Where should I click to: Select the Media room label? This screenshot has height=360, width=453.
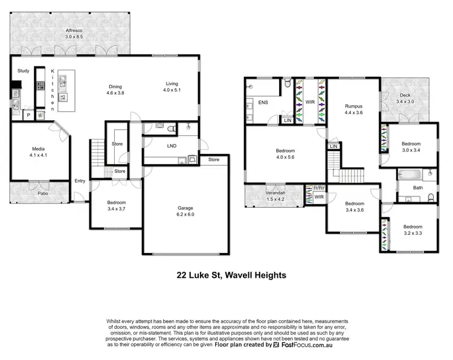pyautogui.click(x=42, y=148)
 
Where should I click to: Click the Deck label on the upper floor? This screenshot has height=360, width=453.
pyautogui.click(x=406, y=95)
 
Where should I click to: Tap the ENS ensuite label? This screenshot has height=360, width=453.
pyautogui.click(x=263, y=102)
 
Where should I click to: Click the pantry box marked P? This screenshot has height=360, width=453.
pyautogui.click(x=28, y=115)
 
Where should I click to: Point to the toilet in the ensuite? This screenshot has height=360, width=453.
pyautogui.click(x=288, y=83)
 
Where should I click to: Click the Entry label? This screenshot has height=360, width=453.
pyautogui.click(x=80, y=181)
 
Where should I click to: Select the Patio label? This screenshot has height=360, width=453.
pyautogui.click(x=42, y=193)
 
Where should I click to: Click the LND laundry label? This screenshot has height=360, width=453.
pyautogui.click(x=172, y=146)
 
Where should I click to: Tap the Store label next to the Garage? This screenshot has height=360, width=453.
pyautogui.click(x=214, y=159)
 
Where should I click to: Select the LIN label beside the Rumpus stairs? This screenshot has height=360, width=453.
pyautogui.click(x=333, y=146)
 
